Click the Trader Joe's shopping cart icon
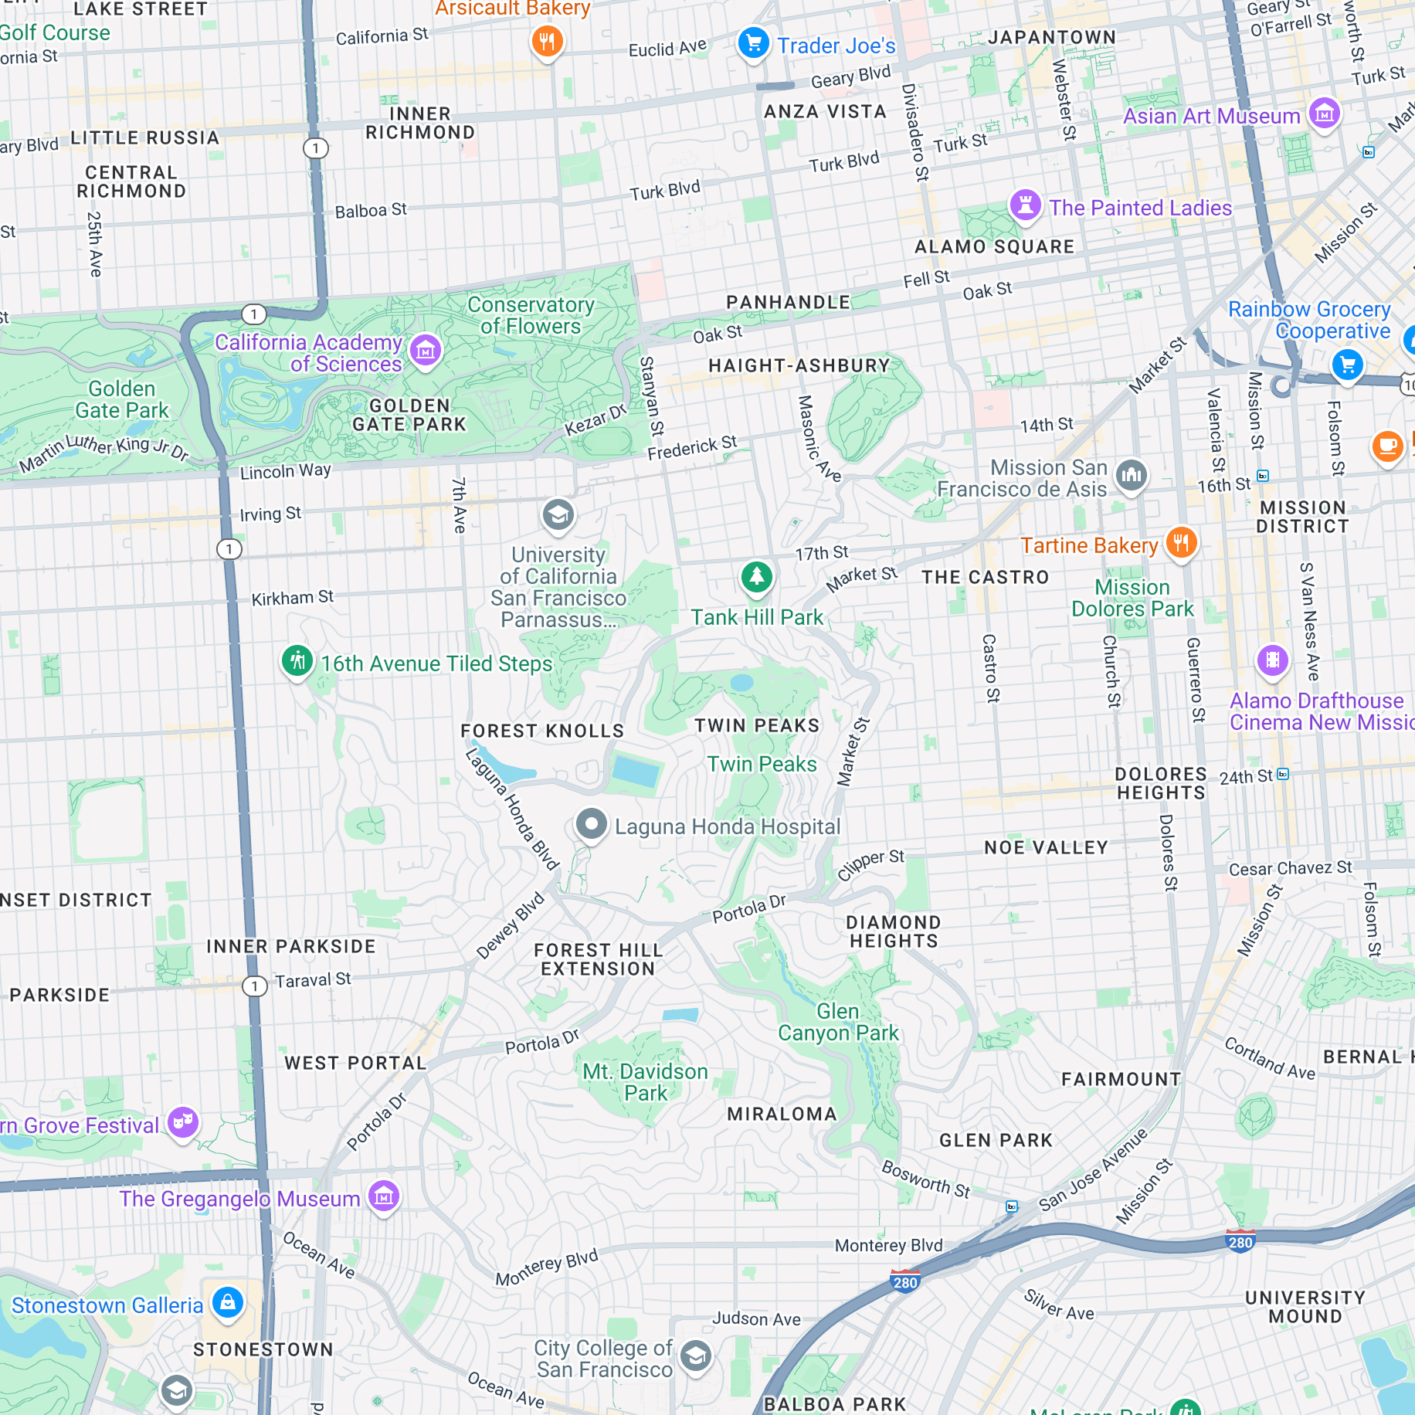(753, 42)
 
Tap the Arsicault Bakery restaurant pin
(547, 41)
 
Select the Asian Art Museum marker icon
(1325, 114)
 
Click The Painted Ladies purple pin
(1026, 205)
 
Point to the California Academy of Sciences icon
(426, 351)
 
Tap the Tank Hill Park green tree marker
(757, 576)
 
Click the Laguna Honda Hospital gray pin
(592, 824)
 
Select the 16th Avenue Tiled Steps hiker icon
(297, 660)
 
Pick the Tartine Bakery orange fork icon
(1181, 542)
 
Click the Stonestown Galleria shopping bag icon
(228, 1302)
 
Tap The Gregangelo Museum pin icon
(384, 1196)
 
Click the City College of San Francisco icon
(696, 1356)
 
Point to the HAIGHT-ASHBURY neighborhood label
(799, 365)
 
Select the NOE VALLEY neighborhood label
(1046, 847)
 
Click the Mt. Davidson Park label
(646, 1082)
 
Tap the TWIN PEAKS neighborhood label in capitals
(757, 725)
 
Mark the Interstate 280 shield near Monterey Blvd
(904, 1281)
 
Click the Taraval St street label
(313, 980)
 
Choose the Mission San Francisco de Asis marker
(1132, 475)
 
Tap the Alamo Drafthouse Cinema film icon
(1273, 660)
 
